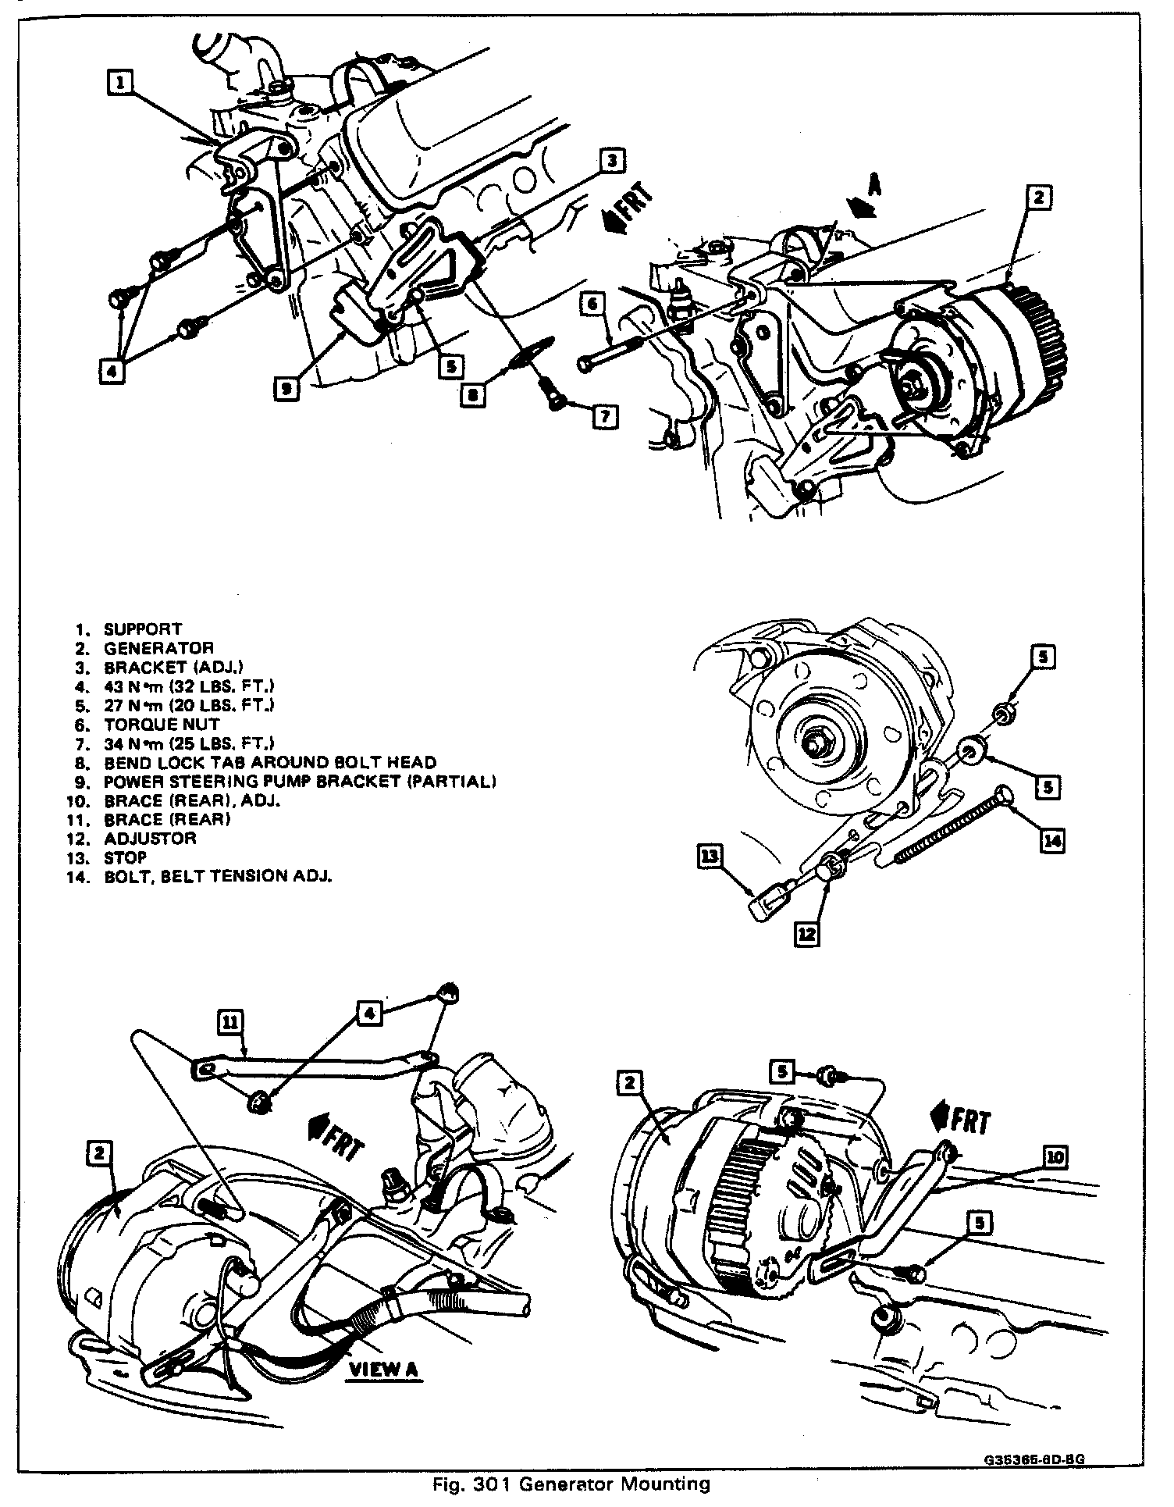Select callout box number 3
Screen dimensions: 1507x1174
click(x=613, y=161)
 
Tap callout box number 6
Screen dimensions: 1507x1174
click(x=592, y=303)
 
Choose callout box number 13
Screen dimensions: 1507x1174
click(x=711, y=857)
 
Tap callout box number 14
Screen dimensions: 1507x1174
click(x=1052, y=840)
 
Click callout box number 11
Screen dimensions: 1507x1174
click(x=232, y=1021)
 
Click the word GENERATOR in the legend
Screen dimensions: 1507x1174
click(x=158, y=648)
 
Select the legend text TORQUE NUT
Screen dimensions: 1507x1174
click(x=162, y=724)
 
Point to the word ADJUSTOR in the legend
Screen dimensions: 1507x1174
click(x=150, y=838)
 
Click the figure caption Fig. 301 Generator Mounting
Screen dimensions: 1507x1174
click(x=571, y=1484)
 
